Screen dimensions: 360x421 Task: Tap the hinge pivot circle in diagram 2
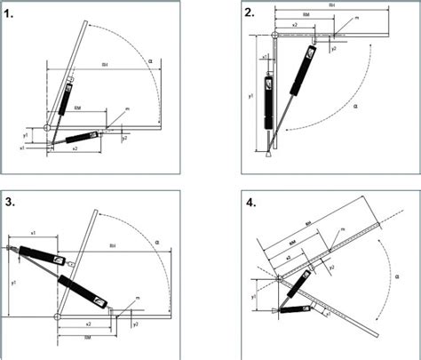(x=275, y=36)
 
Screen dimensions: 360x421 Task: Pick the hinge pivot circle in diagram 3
(x=58, y=315)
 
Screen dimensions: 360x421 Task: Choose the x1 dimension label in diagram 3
(x=34, y=232)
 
